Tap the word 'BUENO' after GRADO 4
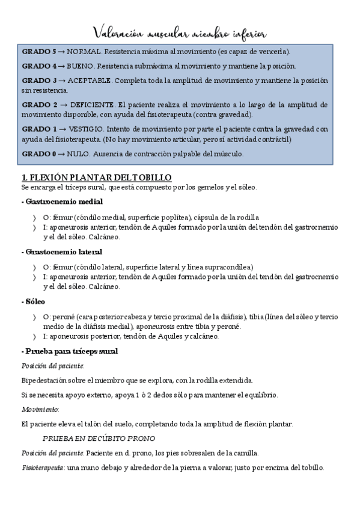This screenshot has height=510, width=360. [x=81, y=66]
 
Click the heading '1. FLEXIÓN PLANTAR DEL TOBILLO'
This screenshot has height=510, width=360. [x=97, y=177]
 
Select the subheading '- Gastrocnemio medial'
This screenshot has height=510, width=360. [x=61, y=201]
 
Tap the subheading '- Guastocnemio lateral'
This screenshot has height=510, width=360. [x=61, y=252]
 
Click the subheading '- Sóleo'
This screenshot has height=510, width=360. [x=32, y=301]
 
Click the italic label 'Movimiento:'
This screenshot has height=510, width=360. [x=40, y=409]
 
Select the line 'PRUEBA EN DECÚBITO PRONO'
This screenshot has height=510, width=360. [x=99, y=438]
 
